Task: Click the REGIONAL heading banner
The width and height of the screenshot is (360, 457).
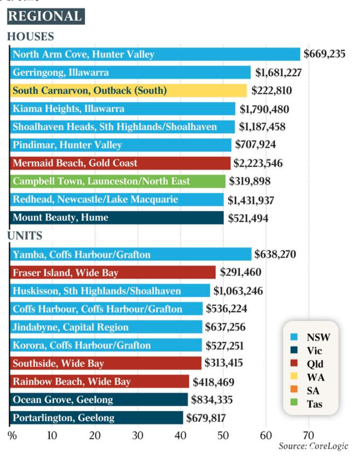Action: [x=46, y=16]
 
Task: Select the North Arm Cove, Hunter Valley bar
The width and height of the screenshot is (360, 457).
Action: [x=155, y=54]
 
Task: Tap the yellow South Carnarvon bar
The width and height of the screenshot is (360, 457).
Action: [x=128, y=90]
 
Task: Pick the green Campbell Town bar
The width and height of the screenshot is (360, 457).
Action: [x=118, y=181]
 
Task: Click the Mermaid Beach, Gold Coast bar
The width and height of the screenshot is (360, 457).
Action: [x=120, y=163]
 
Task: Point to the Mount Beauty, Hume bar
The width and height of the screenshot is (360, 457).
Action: [x=117, y=218]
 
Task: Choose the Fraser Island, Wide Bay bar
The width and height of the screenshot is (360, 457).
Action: [x=113, y=272]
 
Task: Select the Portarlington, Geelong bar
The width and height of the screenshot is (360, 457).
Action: [x=97, y=417]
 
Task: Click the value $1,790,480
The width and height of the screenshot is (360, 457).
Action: [x=264, y=109]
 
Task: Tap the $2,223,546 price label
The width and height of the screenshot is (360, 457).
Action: [x=258, y=163]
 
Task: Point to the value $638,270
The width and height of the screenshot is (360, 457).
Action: [x=275, y=254]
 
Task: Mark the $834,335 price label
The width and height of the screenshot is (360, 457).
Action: [x=212, y=399]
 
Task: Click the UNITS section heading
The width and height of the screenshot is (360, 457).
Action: [x=25, y=235]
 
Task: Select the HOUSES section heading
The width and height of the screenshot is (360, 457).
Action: [x=31, y=37]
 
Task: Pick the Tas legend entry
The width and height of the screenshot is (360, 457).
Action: [x=306, y=404]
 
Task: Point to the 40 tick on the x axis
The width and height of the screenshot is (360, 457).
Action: [x=180, y=436]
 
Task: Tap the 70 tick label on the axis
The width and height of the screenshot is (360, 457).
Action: [x=308, y=436]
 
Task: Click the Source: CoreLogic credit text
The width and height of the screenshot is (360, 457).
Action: [x=313, y=446]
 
